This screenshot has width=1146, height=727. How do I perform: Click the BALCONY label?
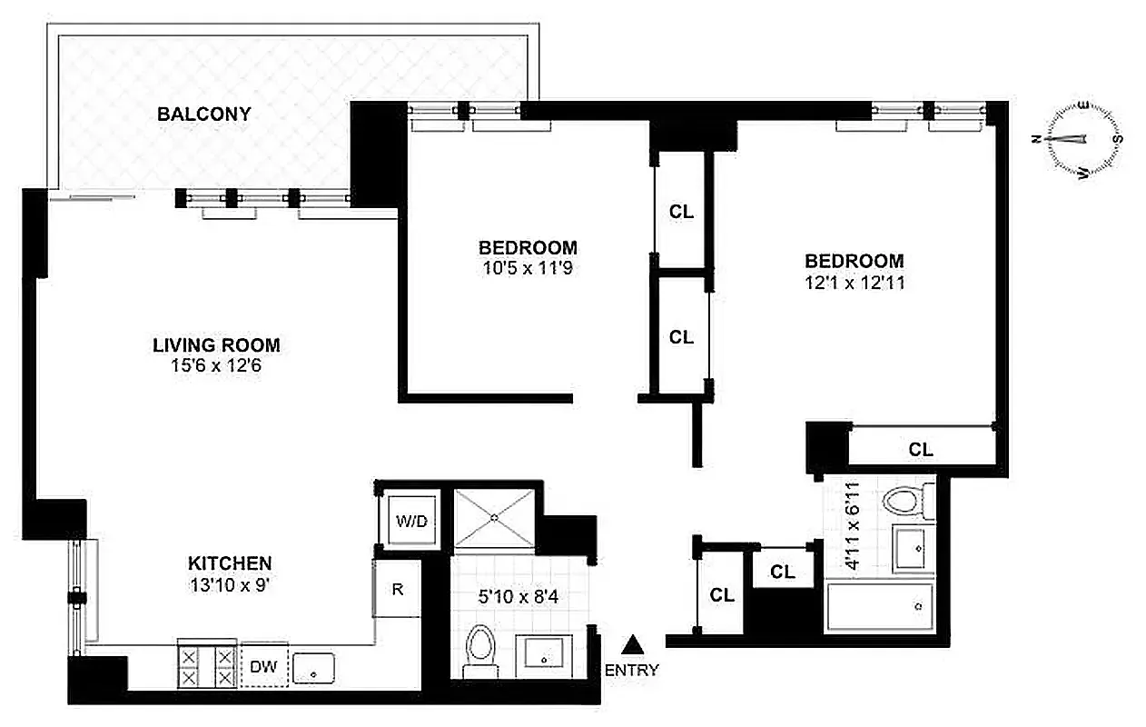click(203, 115)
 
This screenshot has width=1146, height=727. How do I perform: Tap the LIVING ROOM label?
click(216, 345)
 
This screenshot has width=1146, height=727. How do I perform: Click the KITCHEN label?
click(229, 563)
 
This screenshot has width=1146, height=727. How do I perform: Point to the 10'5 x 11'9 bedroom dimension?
click(528, 268)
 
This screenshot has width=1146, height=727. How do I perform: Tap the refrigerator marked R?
click(397, 589)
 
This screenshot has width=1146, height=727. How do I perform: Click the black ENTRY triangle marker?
click(632, 644)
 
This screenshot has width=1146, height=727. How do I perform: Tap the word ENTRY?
click(632, 671)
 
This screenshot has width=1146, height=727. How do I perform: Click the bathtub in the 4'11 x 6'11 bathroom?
click(879, 607)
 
